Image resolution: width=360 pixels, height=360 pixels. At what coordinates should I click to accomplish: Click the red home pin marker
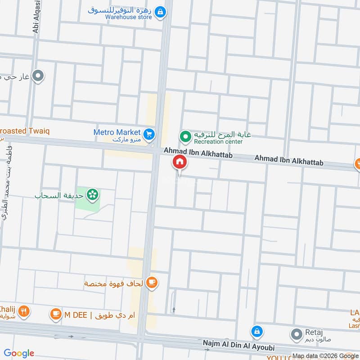(x=179, y=162)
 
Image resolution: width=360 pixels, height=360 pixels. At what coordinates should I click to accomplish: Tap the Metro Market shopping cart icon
(x=149, y=134)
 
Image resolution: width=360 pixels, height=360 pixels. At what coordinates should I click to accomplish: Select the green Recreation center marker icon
(x=185, y=135)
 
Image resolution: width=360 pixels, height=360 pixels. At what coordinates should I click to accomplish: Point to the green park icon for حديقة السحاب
(x=93, y=195)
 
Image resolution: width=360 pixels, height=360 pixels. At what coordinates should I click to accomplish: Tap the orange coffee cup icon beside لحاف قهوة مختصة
(x=152, y=283)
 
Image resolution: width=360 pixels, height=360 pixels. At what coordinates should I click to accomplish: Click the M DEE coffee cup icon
(x=55, y=313)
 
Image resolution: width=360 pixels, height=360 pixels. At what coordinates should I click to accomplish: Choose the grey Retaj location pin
(x=296, y=334)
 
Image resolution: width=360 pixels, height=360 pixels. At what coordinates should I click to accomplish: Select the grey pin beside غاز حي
(x=39, y=76)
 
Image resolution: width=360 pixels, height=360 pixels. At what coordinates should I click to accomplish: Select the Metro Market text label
(x=117, y=133)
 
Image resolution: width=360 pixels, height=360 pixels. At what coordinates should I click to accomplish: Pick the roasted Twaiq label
(x=25, y=130)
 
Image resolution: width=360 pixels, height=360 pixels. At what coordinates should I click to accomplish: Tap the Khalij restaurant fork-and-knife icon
(x=24, y=311)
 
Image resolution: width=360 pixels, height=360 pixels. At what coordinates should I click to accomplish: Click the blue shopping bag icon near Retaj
(x=256, y=332)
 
